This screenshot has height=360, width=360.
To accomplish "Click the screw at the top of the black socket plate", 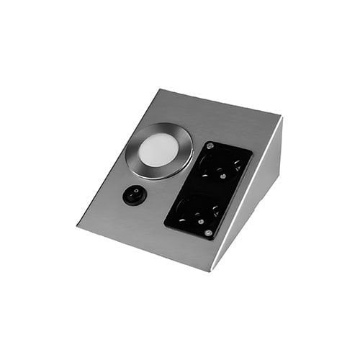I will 210,146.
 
